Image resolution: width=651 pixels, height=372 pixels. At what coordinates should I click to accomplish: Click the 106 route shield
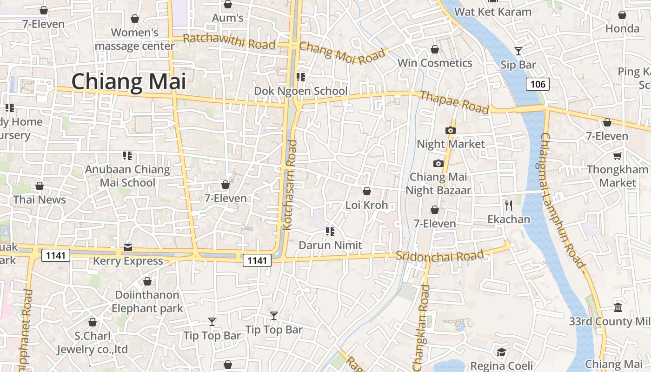(x=538, y=84)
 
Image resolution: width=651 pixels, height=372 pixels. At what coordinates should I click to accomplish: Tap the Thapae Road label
(x=454, y=102)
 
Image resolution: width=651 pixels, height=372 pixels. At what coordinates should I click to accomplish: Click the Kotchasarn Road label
(x=290, y=185)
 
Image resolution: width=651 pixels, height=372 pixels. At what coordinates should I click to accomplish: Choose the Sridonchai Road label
(x=440, y=255)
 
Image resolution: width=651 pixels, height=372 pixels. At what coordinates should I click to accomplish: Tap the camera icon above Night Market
(x=450, y=131)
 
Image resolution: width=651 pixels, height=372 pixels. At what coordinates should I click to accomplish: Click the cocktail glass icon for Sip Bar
(x=518, y=51)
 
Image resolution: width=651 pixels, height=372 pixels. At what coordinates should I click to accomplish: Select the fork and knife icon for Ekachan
(x=509, y=205)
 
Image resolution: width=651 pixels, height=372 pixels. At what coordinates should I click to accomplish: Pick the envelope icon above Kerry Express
(x=128, y=247)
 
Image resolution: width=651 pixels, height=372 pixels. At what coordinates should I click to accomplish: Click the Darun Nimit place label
(x=330, y=245)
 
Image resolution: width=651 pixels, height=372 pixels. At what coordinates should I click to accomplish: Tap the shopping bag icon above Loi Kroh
(x=366, y=191)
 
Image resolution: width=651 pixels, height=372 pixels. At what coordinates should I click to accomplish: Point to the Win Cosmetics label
(x=435, y=63)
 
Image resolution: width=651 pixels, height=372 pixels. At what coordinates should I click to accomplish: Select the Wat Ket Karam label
(x=492, y=12)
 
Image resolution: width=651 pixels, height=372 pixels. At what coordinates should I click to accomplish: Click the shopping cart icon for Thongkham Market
(x=618, y=156)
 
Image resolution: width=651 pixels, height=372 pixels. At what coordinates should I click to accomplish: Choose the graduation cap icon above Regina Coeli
(x=501, y=352)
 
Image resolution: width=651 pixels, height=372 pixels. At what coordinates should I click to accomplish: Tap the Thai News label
(x=40, y=200)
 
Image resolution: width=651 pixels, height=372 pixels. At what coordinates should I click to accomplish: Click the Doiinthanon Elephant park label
(x=147, y=301)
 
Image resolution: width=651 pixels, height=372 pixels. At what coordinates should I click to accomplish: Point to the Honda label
(x=622, y=29)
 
